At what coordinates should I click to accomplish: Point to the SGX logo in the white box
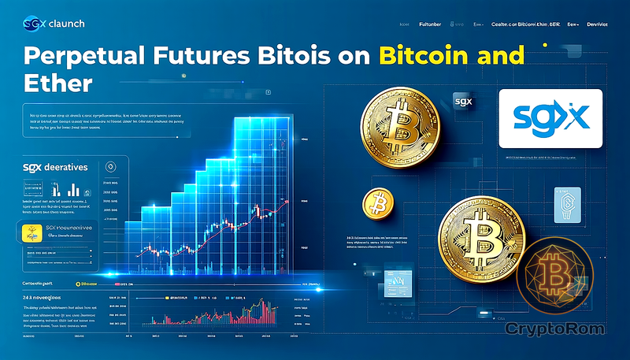[550, 119]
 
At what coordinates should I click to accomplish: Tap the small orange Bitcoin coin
[378, 204]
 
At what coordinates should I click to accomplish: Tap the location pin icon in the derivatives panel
[110, 166]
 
